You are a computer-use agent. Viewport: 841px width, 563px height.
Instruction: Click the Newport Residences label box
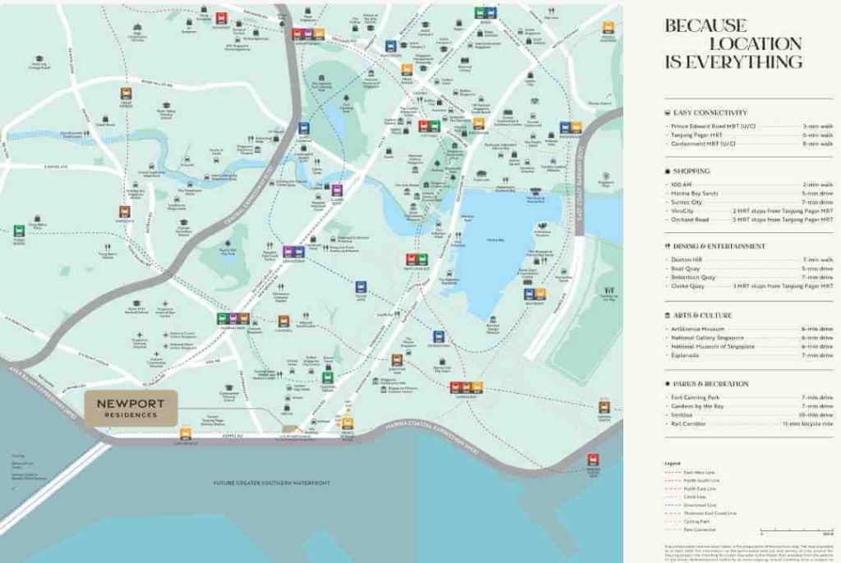tap(131, 408)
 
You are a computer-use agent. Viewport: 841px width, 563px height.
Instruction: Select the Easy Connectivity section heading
tap(710, 112)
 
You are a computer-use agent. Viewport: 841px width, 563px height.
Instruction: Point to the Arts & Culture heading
tap(702, 315)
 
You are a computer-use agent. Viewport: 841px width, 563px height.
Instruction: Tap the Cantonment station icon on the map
tap(186, 433)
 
